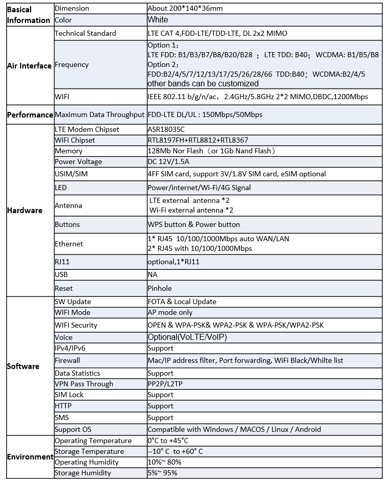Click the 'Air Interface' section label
point(29,66)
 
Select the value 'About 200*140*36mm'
point(185,8)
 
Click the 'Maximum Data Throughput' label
point(100,115)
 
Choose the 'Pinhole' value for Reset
point(160,288)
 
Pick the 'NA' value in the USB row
point(153,274)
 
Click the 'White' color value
point(158,20)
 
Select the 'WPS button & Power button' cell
point(193,224)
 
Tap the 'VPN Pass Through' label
point(84,384)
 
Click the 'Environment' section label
point(30,457)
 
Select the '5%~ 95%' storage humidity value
point(162,473)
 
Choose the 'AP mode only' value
point(170,312)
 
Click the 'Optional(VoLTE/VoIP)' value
point(187,337)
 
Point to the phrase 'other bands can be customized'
point(203,83)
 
